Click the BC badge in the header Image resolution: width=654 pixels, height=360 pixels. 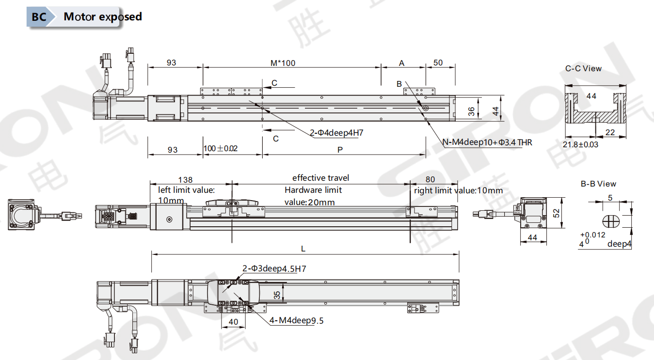click(38, 16)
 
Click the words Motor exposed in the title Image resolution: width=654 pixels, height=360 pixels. click(103, 16)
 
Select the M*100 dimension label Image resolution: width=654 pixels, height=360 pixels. click(283, 63)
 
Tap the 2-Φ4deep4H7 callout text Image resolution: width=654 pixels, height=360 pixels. click(336, 133)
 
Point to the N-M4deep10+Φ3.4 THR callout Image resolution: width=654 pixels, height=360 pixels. click(487, 142)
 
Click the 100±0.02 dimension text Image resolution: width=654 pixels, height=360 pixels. click(221, 148)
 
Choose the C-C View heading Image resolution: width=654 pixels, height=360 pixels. click(583, 68)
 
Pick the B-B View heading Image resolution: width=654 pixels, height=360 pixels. click(598, 184)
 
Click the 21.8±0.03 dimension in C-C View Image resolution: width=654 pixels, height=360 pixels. click(580, 144)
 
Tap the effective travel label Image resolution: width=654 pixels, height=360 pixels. click(320, 178)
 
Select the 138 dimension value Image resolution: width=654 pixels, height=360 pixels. click(185, 180)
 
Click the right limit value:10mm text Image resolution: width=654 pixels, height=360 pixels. click(459, 190)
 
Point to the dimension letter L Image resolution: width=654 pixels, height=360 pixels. click(303, 249)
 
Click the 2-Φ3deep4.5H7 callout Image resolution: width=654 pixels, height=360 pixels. click(274, 268)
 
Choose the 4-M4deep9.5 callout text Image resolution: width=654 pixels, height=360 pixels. click(296, 320)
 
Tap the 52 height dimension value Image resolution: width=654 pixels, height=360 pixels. click(557, 213)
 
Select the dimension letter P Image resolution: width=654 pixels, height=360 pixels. click(340, 150)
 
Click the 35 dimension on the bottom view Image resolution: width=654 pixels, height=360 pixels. click(277, 295)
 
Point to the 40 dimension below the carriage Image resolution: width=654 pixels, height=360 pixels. click(233, 322)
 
